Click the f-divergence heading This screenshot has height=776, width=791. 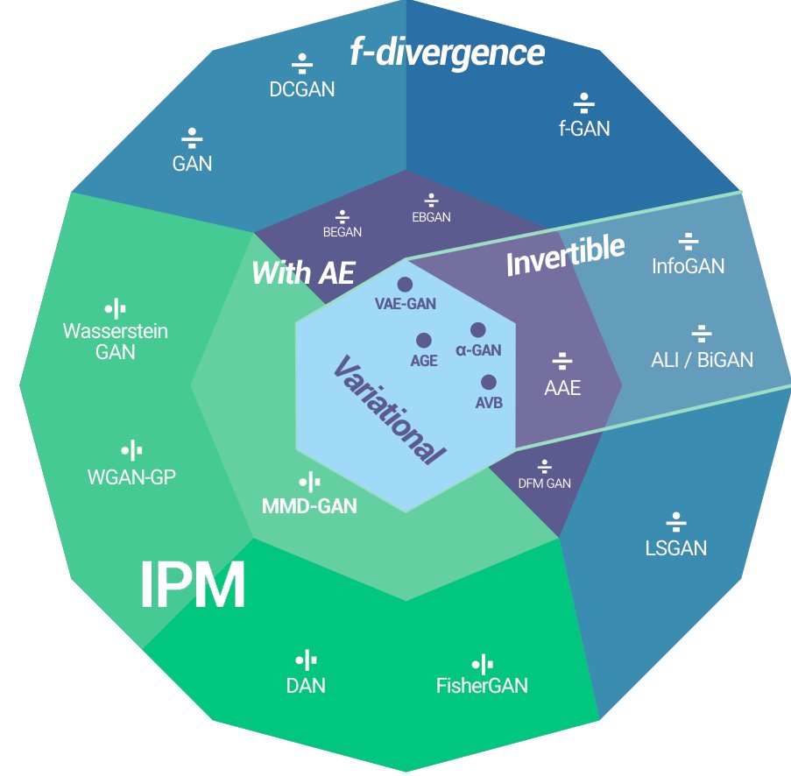coord(447,53)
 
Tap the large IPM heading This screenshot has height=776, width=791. coord(192,585)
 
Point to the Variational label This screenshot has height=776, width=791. coord(389,410)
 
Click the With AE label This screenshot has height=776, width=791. coord(303,273)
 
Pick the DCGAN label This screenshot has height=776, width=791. coord(301,89)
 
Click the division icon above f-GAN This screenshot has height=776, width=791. coord(584,103)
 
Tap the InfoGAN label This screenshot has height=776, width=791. coord(689,266)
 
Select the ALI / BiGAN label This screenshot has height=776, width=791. coord(702,360)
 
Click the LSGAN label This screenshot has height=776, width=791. coord(676,548)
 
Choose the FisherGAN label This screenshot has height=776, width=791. coord(482,686)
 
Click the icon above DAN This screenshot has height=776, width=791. coord(306,660)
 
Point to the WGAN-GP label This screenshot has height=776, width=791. coord(131,476)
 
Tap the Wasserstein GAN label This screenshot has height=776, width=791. coord(116,341)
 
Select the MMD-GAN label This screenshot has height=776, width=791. coord(309,505)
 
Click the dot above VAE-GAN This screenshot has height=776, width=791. coord(405,285)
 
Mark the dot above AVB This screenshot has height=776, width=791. coord(488,382)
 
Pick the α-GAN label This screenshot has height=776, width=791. coord(478,350)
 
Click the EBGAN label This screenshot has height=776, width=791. coord(431,217)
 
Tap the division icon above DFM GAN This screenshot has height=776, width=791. coord(544,466)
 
